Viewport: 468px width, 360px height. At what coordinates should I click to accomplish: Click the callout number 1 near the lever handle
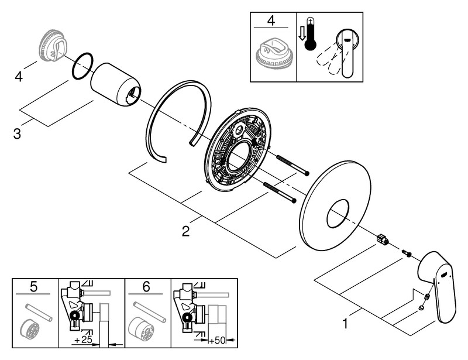(347, 322)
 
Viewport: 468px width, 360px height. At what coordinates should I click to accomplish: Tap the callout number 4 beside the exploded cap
(19, 76)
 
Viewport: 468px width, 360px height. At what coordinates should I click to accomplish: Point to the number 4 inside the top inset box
(271, 22)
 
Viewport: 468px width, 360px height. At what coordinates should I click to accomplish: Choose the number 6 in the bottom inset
(147, 287)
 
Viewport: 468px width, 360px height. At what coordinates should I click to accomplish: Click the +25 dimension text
(83, 340)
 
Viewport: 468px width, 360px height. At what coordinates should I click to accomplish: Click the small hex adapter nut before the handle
(383, 239)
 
